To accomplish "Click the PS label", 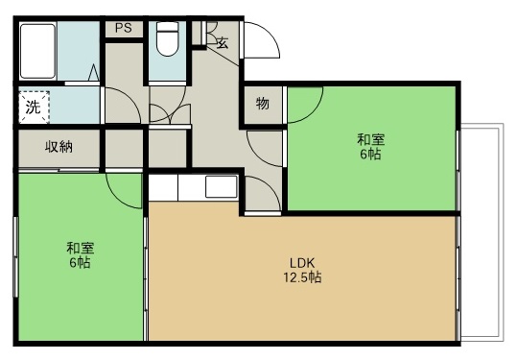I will click(123, 28).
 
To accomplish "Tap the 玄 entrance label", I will click(222, 42).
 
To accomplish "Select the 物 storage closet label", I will click(262, 104).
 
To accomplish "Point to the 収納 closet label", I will click(59, 148).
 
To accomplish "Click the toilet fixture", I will click(167, 39).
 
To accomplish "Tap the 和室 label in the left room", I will click(80, 247).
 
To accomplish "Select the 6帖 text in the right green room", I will click(371, 155).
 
